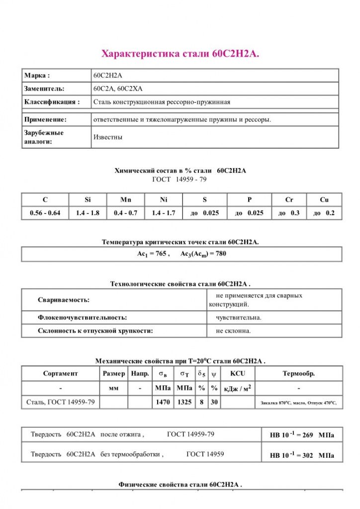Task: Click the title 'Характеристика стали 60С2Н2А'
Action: pos(180,54)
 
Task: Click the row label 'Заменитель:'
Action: pos(44,88)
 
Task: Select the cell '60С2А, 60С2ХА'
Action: pos(118,88)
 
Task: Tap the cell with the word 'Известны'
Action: pos(107,137)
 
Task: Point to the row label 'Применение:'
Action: pos(45,120)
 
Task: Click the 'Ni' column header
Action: pos(164,200)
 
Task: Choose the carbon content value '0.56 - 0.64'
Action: pos(45,213)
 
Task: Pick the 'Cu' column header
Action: pos(324,200)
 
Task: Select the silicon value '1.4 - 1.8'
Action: pos(88,213)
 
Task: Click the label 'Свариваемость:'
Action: pos(64,300)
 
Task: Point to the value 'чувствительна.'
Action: pos(239,317)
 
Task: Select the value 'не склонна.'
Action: pos(233,331)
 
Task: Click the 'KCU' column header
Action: pos(238,373)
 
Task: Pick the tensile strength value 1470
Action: pos(163,402)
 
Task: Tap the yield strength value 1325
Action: pos(184,402)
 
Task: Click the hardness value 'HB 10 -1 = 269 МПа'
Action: pos(302,435)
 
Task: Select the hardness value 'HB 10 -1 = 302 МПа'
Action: pos(302,455)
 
